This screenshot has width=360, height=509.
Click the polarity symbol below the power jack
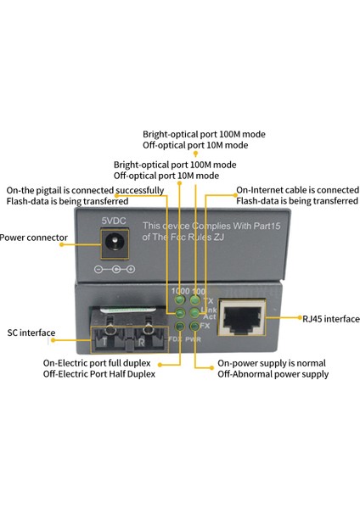tap(114, 270)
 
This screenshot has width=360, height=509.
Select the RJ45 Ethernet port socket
tap(241, 318)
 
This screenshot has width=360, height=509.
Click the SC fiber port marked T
tap(104, 338)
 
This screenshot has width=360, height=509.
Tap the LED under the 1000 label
tap(180, 300)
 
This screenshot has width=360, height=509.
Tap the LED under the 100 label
tap(195, 300)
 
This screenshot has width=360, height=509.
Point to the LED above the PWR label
tap(195, 326)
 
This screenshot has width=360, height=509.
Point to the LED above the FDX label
tap(180, 326)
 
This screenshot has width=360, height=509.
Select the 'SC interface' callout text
tap(31, 333)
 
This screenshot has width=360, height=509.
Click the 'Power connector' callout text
tap(32, 238)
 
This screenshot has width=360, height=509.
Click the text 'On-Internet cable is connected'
tap(297, 190)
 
